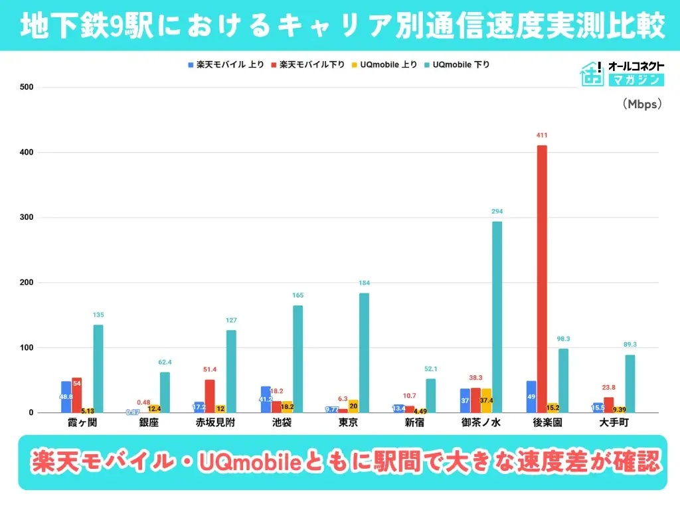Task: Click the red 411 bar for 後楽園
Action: (x=542, y=279)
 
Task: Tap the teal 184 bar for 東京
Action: (x=364, y=353)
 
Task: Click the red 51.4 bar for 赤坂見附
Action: (x=209, y=396)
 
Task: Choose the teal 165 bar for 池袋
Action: (x=297, y=359)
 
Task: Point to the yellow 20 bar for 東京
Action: (x=353, y=406)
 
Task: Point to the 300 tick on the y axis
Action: (x=27, y=218)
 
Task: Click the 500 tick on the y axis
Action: (x=27, y=88)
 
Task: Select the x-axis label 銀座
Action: (x=149, y=423)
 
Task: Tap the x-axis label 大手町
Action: (x=614, y=423)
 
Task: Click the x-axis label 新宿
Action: (x=414, y=423)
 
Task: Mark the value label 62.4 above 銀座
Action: (x=165, y=363)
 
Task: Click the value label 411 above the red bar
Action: (x=542, y=135)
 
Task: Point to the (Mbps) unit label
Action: (x=641, y=104)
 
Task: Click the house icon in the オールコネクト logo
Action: (x=592, y=74)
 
